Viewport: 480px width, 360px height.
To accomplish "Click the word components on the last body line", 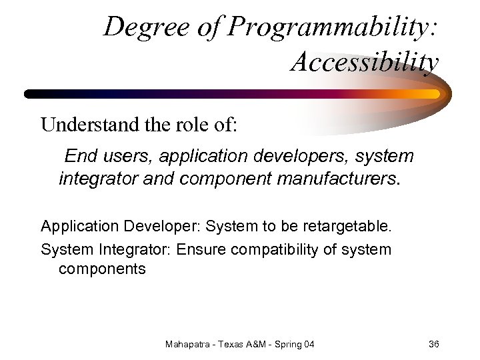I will point(102,269).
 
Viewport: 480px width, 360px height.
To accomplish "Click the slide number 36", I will point(433,344).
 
